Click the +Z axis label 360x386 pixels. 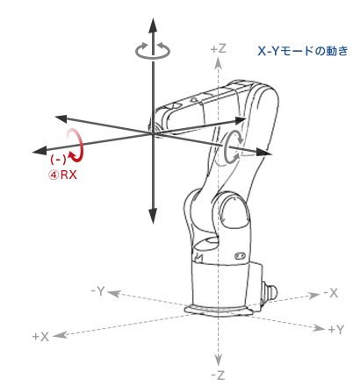pyautogui.click(x=219, y=48)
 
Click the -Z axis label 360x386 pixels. pyautogui.click(x=218, y=375)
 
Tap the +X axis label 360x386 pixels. pyautogui.click(x=40, y=337)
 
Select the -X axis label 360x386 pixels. pyautogui.click(x=331, y=292)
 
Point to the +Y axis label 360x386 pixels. pyautogui.click(x=335, y=330)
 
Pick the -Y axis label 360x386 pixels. pyautogui.click(x=97, y=291)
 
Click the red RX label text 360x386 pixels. pyautogui.click(x=68, y=175)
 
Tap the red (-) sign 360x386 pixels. pyautogui.click(x=58, y=160)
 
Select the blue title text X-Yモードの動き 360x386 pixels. pyautogui.click(x=303, y=51)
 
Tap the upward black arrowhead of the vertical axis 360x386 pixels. pyautogui.click(x=153, y=25)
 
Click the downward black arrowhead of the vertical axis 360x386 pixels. pyautogui.click(x=153, y=216)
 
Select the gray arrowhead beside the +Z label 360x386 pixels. pyautogui.click(x=218, y=63)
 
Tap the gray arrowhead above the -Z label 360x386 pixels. pyautogui.click(x=218, y=360)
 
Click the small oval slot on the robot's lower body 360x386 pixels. pyautogui.click(x=241, y=255)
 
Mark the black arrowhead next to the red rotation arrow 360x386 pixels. pyautogui.click(x=40, y=151)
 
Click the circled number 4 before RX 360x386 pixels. pyautogui.click(x=54, y=175)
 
